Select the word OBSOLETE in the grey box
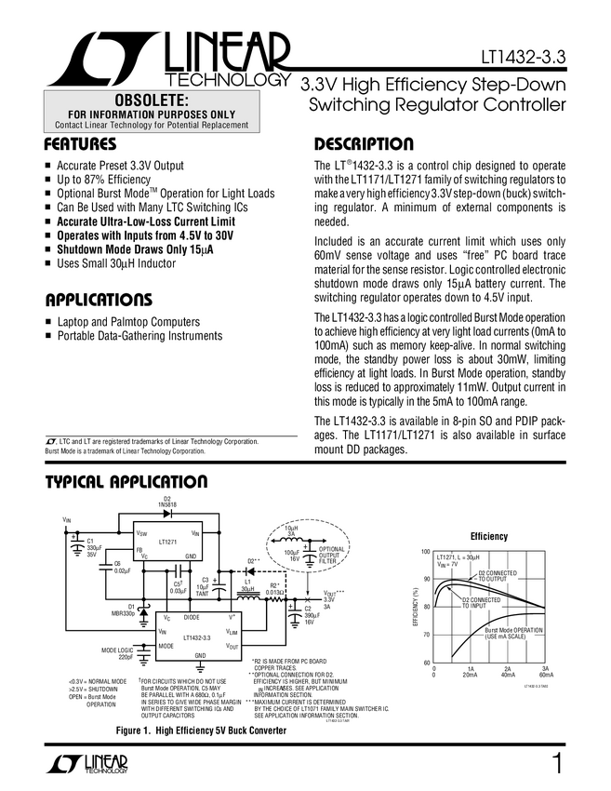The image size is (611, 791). coord(151,100)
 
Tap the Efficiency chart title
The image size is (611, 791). coord(489,537)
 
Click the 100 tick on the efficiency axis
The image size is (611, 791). coord(425,552)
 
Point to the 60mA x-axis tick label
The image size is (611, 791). coord(546,675)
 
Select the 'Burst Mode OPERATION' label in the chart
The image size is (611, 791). coord(514,633)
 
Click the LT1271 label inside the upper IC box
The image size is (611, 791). coord(167,541)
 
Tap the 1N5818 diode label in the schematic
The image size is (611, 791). coord(167,506)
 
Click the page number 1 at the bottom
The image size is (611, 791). coord(555,765)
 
